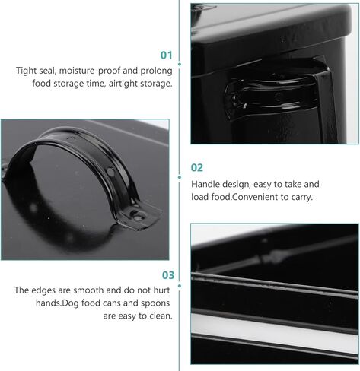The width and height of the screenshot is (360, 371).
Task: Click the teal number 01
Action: click(166, 55)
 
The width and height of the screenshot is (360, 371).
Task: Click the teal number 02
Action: click(197, 168)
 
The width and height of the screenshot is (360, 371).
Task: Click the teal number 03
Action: click(168, 275)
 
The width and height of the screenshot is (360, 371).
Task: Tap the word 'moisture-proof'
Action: click(90, 71)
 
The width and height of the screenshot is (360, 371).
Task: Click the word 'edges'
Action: click(43, 290)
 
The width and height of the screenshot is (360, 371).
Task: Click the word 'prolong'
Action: click(157, 71)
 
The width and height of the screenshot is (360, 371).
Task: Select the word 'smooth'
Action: click(88, 290)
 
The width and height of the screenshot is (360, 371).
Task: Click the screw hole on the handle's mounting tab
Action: click(137, 217)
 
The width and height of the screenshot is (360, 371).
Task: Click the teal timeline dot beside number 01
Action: click(180, 64)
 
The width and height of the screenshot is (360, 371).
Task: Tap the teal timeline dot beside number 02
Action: click(180, 177)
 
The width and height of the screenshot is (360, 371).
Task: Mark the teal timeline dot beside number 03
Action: click(180, 286)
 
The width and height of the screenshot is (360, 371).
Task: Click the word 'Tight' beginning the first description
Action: click(27, 71)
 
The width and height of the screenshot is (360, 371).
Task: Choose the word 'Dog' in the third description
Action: click(71, 303)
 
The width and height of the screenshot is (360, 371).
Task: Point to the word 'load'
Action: click(199, 197)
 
